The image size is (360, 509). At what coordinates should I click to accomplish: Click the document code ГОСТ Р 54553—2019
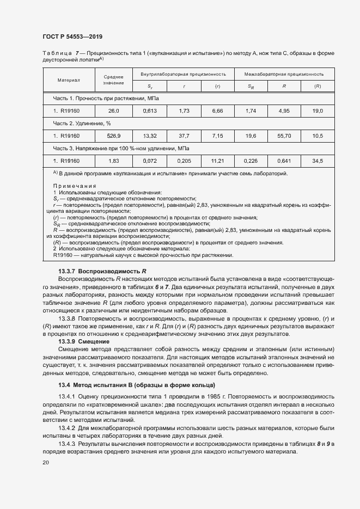72,36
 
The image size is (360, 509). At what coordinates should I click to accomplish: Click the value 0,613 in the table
150,111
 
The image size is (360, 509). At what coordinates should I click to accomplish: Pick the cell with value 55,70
284,136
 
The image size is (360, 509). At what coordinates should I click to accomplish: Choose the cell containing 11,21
217,161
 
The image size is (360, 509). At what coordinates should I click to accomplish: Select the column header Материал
69,79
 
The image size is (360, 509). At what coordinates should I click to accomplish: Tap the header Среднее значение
113,79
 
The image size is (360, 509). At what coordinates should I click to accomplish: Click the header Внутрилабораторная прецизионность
183,73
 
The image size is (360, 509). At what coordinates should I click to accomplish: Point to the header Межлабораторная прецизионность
284,73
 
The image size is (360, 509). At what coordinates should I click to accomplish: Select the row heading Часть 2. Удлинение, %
82,123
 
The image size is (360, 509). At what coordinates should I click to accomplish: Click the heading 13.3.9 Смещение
84,341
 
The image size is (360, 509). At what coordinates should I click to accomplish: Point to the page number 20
45,462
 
